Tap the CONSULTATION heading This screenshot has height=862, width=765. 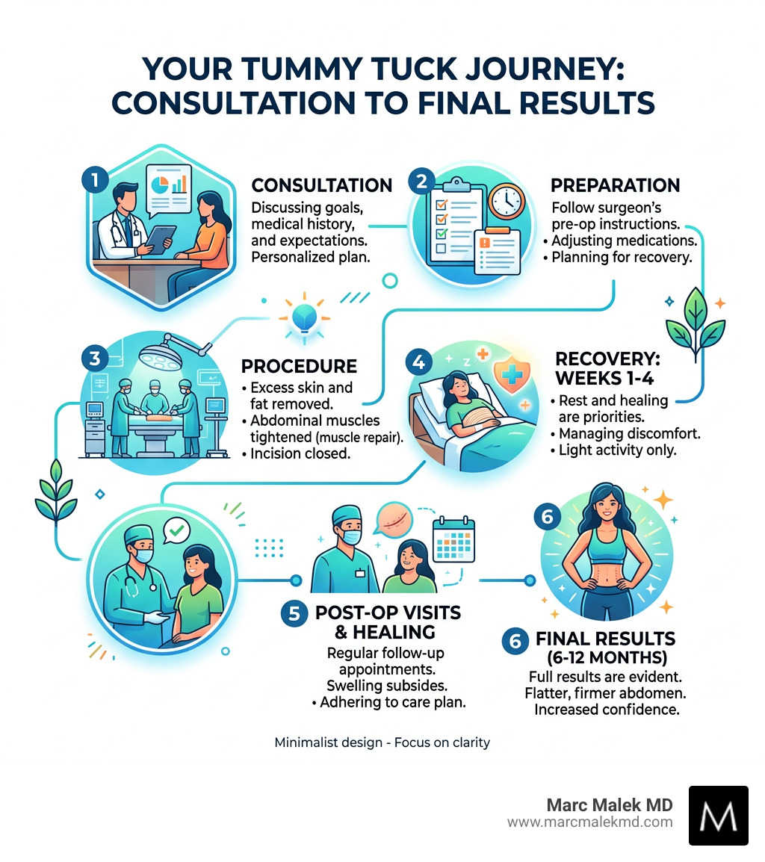click(x=321, y=185)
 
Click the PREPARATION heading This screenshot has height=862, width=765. click(x=615, y=185)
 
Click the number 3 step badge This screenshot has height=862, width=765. click(x=93, y=358)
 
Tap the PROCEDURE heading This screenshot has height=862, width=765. click(x=298, y=367)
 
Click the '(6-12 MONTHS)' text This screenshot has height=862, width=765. click(x=606, y=658)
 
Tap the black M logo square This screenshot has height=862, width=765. click(x=718, y=815)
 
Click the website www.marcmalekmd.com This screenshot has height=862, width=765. click(x=589, y=822)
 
